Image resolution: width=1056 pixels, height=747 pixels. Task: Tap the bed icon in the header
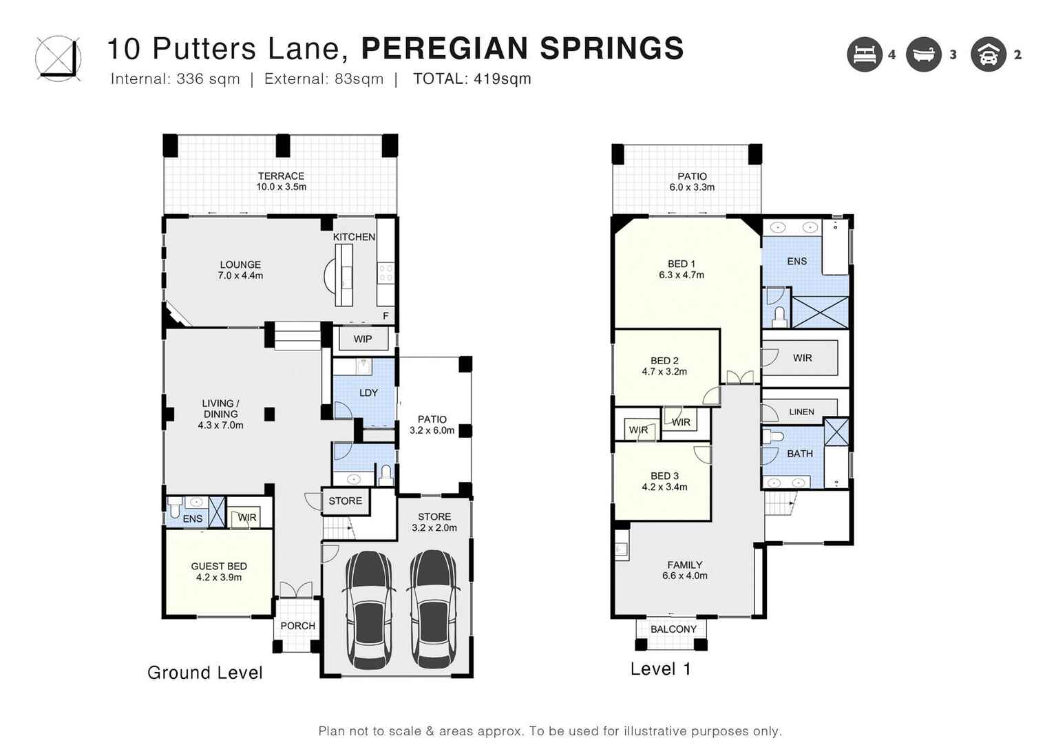865,54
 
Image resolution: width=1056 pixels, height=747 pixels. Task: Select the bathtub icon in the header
923,54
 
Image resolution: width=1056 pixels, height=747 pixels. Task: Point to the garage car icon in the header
988,54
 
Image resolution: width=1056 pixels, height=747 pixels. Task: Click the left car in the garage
370,609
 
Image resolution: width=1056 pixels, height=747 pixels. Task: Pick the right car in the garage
433,609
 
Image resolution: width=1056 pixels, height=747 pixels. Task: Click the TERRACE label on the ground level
281,176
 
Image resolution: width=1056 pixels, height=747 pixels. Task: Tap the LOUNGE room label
240,264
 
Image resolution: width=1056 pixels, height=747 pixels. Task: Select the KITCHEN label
354,237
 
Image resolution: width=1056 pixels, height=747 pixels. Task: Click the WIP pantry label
363,339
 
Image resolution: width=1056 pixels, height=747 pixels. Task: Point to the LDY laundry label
368,392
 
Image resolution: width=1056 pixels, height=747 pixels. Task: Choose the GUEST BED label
219,566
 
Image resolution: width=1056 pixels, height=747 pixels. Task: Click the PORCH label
297,626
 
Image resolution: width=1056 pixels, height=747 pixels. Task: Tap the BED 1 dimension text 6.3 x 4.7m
681,275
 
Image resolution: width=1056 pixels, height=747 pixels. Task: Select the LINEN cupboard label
801,412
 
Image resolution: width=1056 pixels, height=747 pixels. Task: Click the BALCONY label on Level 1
673,629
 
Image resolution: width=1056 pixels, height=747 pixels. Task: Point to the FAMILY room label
684,565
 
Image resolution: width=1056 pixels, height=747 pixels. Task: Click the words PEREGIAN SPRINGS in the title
522,49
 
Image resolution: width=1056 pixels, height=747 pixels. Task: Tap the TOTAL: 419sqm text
472,79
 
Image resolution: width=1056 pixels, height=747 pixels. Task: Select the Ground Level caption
205,673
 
